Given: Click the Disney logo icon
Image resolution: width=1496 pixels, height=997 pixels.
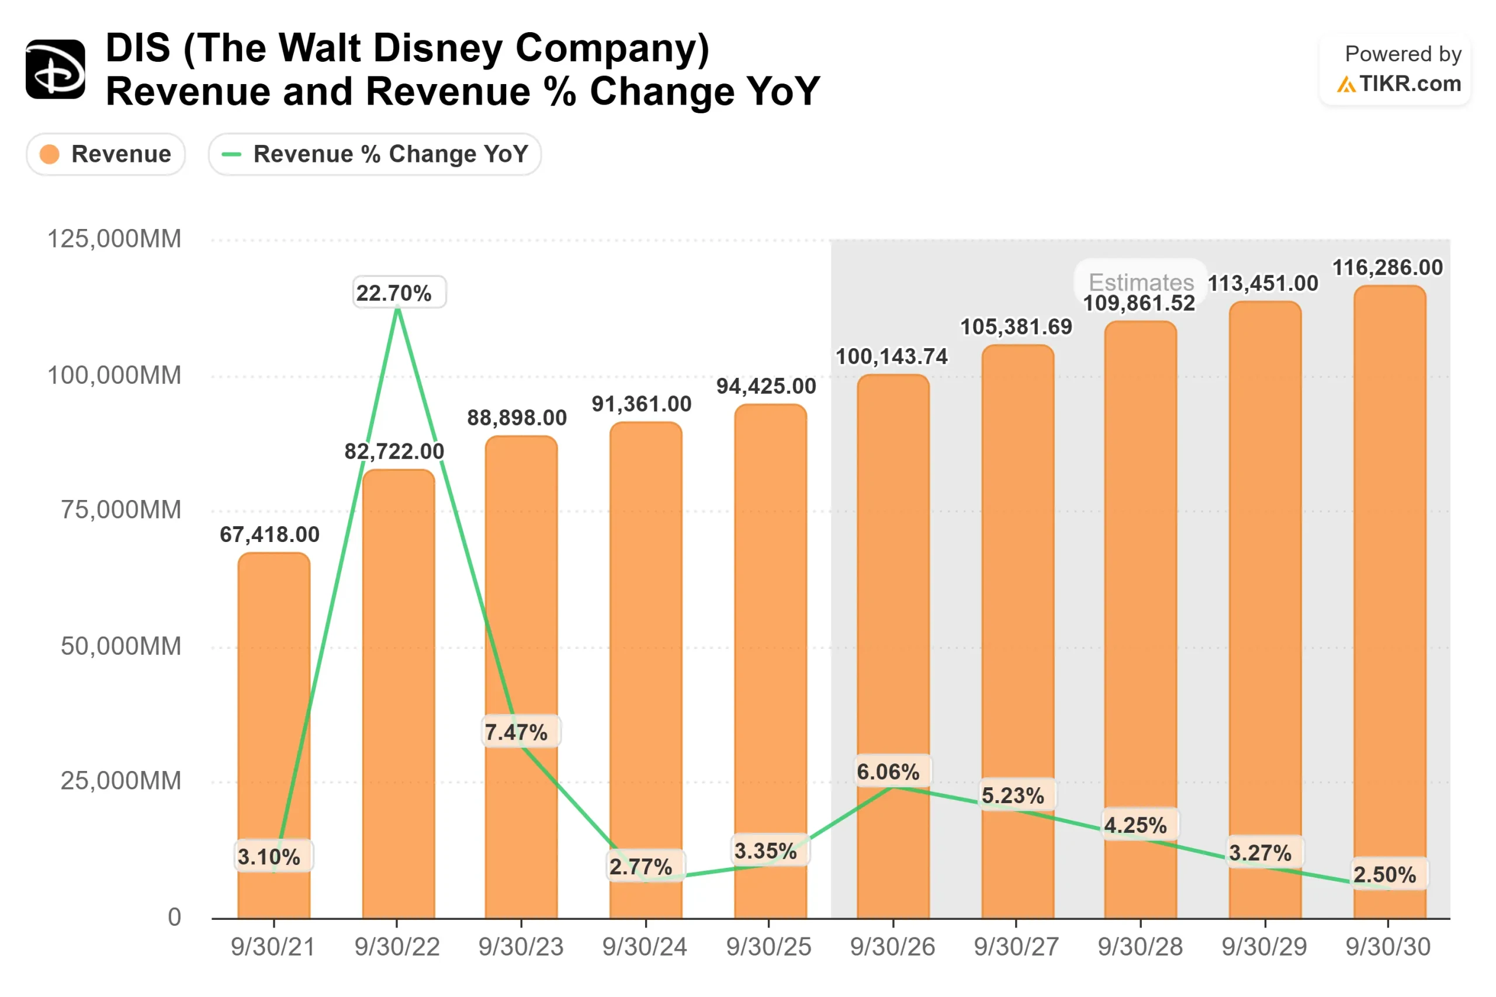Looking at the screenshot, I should [56, 70].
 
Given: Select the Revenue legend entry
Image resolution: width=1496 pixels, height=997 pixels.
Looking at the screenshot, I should [106, 154].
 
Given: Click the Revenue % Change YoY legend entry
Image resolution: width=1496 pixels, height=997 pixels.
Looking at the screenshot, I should [375, 154].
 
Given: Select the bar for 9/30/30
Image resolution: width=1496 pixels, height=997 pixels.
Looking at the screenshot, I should [1389, 604].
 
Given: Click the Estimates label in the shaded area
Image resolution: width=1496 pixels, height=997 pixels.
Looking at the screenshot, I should [1141, 282].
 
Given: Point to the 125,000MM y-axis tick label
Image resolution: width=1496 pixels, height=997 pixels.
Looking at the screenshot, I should [115, 239].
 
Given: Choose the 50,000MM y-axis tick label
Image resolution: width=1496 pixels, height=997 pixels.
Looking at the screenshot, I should [121, 646].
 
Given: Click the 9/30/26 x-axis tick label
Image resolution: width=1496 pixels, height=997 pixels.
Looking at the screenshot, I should [892, 947].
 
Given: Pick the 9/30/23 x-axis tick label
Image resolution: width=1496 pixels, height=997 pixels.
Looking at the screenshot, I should [521, 947].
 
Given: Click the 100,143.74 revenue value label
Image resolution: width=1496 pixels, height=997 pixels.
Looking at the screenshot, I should [891, 357].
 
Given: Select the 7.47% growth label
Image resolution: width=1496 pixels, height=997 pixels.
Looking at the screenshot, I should [516, 732].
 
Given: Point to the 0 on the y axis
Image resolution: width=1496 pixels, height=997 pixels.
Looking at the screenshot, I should [174, 917].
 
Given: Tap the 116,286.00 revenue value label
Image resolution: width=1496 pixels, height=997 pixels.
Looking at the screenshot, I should [1387, 268].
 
